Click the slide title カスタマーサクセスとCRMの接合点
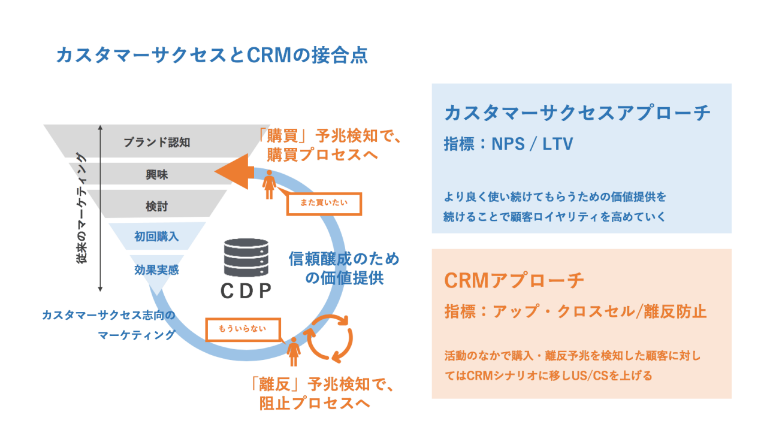211,55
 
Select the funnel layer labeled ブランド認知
156,143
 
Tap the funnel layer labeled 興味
156,175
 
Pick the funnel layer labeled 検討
156,207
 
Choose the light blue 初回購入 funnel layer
156,237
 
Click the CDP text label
246,291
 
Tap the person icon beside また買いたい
270,184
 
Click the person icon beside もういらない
294,352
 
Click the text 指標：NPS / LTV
509,144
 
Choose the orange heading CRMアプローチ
514,280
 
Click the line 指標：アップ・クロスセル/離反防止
575,311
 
